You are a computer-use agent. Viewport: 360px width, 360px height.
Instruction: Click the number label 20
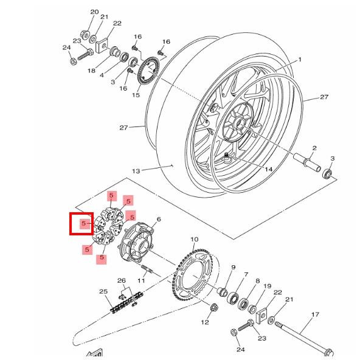coord(94,12)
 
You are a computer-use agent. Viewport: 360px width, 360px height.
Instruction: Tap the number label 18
coord(91,71)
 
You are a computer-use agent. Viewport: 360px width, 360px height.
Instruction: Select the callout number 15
coord(136,95)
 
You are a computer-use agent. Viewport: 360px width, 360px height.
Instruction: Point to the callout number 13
coord(136,171)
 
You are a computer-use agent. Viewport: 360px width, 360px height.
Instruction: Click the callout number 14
coord(268,171)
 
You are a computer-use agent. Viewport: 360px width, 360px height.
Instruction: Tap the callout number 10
coord(195,240)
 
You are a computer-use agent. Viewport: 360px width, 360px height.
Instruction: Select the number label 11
coord(141,281)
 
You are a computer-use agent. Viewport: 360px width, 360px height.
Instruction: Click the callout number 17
coord(314,314)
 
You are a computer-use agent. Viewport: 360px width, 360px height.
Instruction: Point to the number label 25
coord(103,292)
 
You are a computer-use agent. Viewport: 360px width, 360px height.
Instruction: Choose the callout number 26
coord(121,281)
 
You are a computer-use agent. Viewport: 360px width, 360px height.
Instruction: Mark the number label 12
coord(205,322)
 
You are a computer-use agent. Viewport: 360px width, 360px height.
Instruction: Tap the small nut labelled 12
coord(213,308)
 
